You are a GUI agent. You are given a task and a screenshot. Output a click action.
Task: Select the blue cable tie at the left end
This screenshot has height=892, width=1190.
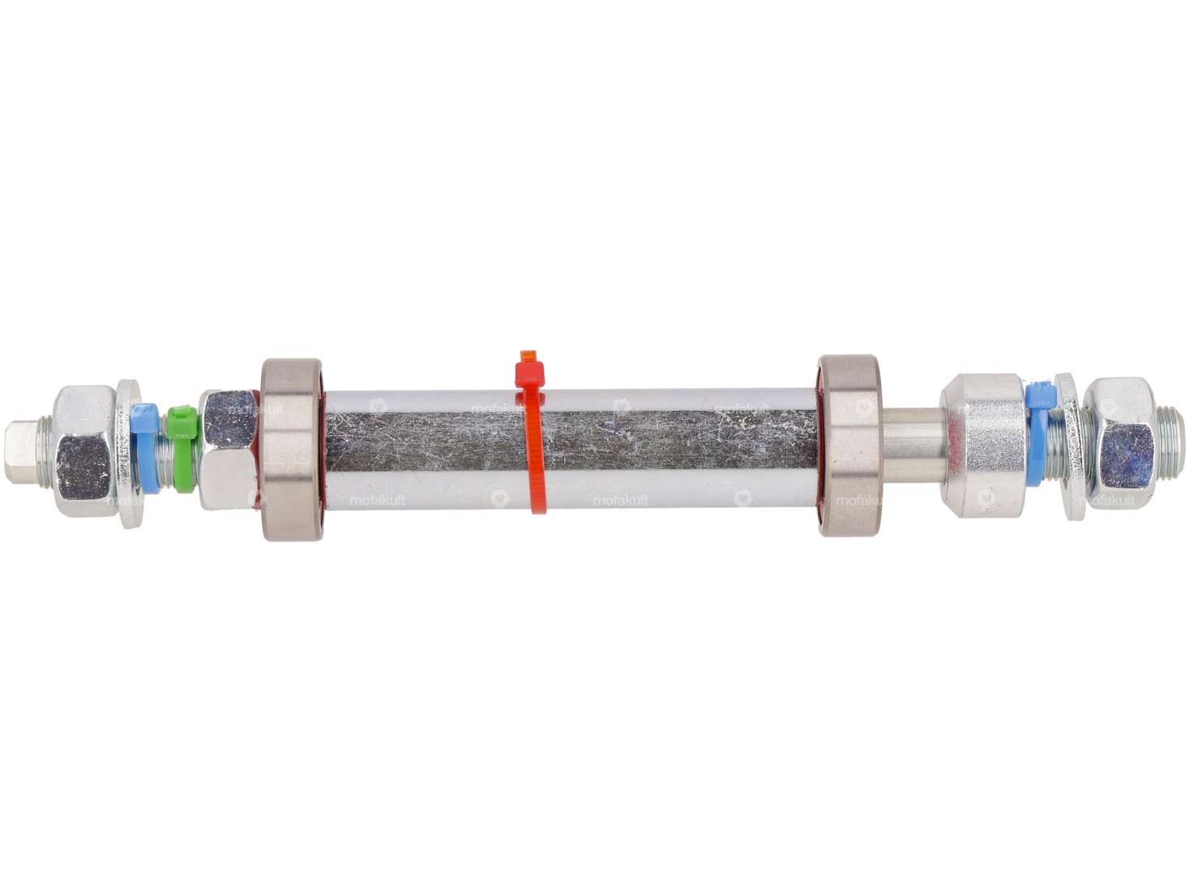coord(144,442)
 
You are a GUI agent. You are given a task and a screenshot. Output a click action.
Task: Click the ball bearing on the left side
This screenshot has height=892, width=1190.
coord(290,446)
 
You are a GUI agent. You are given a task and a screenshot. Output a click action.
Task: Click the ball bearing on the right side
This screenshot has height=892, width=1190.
coord(851,446)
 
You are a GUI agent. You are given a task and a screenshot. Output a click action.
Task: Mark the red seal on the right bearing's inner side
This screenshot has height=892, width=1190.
coord(820,445)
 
